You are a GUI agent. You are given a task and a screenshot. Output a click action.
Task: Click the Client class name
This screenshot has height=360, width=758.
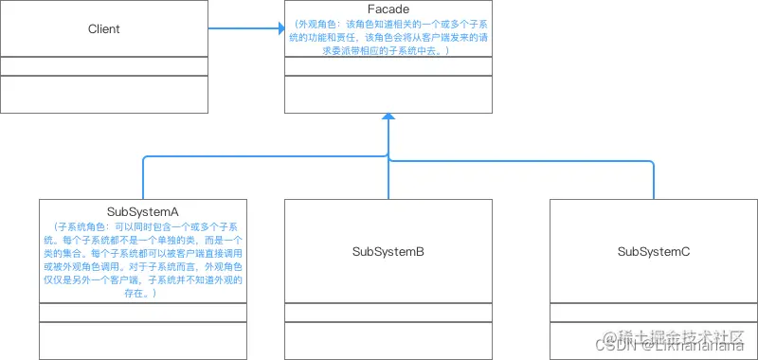click(103, 28)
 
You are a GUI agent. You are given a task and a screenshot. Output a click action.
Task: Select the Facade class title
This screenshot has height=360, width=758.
click(388, 9)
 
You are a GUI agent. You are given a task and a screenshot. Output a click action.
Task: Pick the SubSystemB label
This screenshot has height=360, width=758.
click(388, 251)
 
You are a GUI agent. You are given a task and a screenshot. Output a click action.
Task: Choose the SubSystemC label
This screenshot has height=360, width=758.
click(653, 251)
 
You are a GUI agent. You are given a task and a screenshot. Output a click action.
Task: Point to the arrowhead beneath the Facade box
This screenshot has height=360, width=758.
click(388, 118)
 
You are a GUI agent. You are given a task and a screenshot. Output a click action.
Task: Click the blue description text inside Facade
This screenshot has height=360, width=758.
click(388, 37)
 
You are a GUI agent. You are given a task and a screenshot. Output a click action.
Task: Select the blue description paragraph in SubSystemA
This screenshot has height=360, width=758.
click(143, 261)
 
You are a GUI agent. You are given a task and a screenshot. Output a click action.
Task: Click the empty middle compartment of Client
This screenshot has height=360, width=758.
click(103, 66)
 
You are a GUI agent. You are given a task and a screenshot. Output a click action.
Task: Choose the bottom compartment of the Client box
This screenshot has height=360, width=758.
click(103, 94)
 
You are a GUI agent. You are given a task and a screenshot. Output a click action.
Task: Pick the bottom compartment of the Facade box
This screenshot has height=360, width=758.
click(388, 94)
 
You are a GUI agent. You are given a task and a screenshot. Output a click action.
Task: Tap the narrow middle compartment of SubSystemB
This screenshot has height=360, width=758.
click(388, 313)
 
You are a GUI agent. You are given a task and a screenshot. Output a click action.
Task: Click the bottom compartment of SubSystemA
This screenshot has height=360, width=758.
click(143, 340)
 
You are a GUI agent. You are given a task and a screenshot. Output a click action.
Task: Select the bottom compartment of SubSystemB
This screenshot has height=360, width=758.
click(388, 340)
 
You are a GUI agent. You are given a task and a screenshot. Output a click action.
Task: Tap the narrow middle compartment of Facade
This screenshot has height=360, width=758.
click(388, 66)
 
